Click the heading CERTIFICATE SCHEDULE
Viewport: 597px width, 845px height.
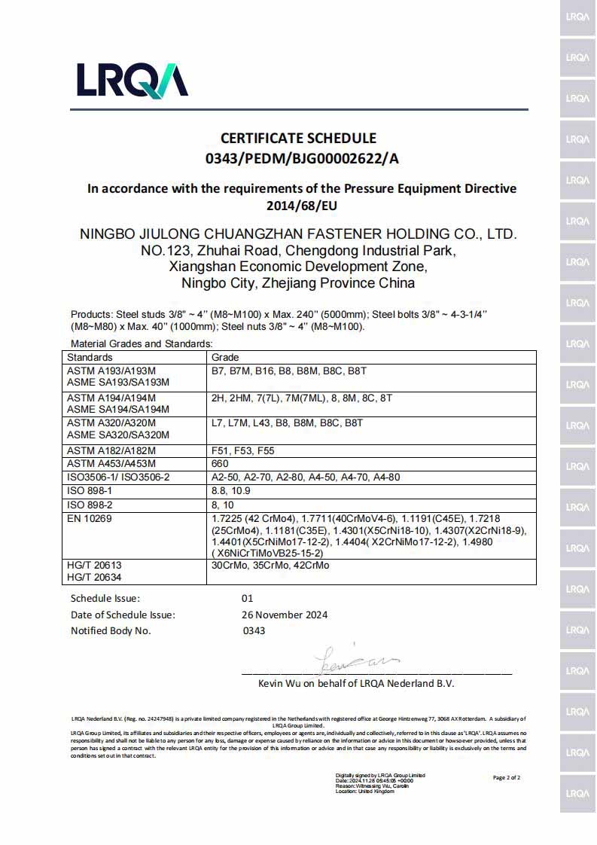pyautogui.click(x=298, y=139)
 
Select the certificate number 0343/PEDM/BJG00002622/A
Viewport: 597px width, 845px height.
pyautogui.click(x=302, y=158)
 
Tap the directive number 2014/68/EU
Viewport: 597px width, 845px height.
pyautogui.click(x=302, y=205)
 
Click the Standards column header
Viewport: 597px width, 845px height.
pyautogui.click(x=90, y=357)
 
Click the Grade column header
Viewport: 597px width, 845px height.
pyautogui.click(x=225, y=357)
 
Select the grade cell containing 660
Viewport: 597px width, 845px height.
pyautogui.click(x=221, y=464)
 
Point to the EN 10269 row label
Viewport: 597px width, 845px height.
pyautogui.click(x=91, y=518)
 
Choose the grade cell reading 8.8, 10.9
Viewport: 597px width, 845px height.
pyautogui.click(x=233, y=491)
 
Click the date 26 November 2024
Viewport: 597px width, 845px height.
pyautogui.click(x=284, y=615)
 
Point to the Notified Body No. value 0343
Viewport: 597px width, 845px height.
pyautogui.click(x=254, y=630)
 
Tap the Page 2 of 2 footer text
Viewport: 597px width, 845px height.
pyautogui.click(x=506, y=777)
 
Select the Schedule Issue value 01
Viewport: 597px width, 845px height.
pyautogui.click(x=247, y=599)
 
